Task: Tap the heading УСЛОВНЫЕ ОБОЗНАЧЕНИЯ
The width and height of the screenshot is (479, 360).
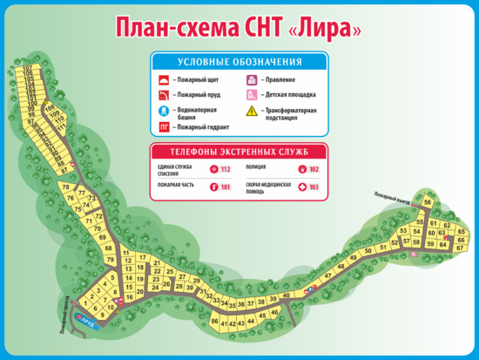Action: pyautogui.click(x=239, y=62)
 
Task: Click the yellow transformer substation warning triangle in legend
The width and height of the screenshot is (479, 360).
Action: pyautogui.click(x=251, y=112)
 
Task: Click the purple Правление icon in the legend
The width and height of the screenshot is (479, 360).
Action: pyautogui.click(x=251, y=79)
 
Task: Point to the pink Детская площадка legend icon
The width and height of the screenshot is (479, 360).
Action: pyautogui.click(x=251, y=95)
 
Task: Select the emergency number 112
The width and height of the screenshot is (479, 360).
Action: pyautogui.click(x=226, y=169)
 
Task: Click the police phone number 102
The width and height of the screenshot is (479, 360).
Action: pyautogui.click(x=314, y=169)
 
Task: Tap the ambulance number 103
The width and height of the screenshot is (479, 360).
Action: pyautogui.click(x=314, y=187)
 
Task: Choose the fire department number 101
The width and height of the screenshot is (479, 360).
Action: pyautogui.click(x=226, y=187)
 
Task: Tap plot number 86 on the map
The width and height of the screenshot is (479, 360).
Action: pyautogui.click(x=214, y=322)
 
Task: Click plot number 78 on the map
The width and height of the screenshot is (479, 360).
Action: pyautogui.click(x=64, y=187)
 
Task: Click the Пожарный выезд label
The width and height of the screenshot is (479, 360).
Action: pyautogui.click(x=391, y=196)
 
